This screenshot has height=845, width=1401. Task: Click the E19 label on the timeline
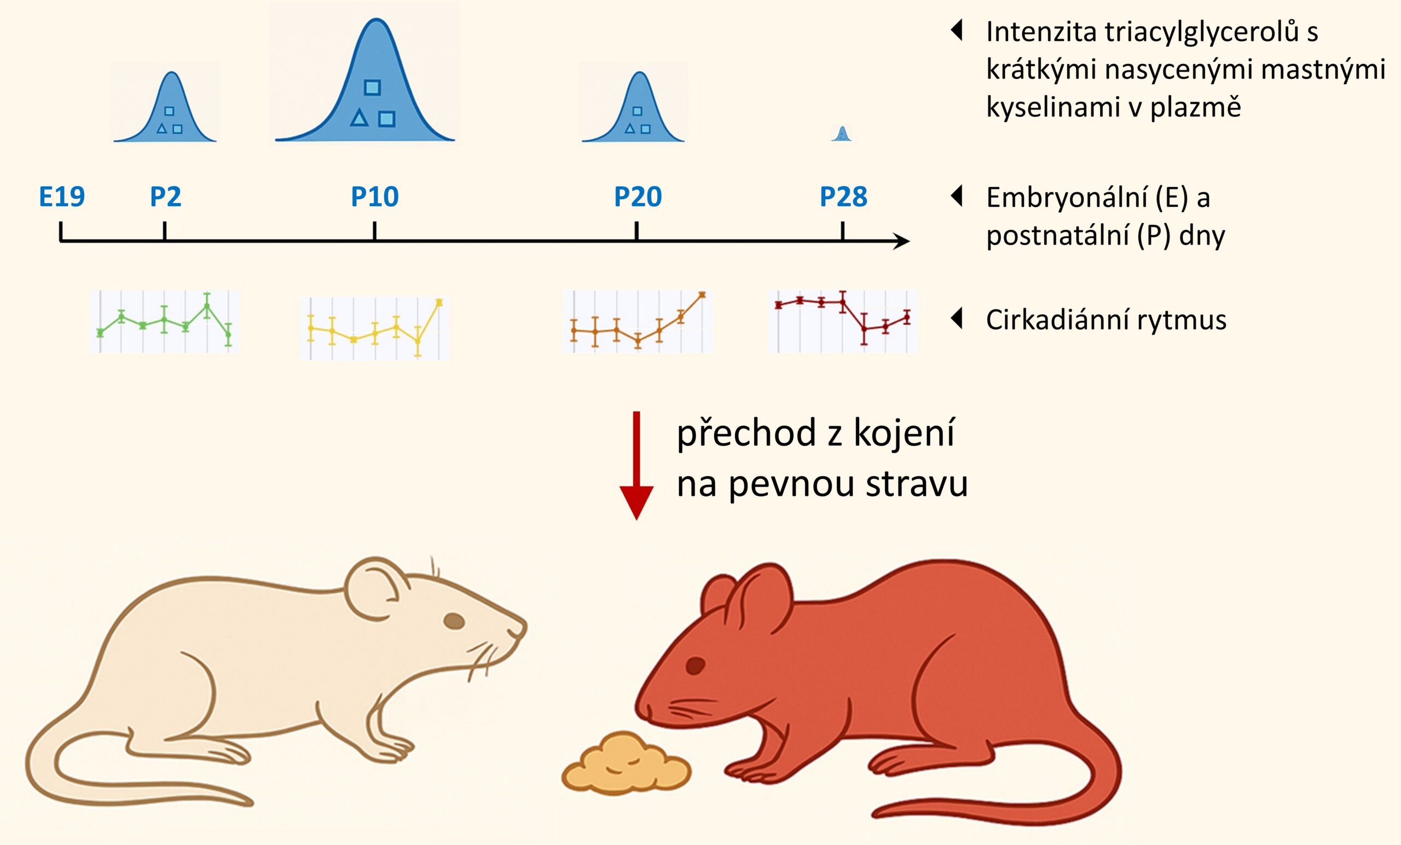[x=61, y=197]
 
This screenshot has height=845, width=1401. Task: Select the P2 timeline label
[x=165, y=197]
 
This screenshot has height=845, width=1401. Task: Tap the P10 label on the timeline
[x=375, y=197]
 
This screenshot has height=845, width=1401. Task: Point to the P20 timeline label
[x=638, y=197]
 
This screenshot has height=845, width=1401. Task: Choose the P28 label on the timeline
[x=843, y=197]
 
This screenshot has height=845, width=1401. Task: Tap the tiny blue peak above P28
[x=842, y=135]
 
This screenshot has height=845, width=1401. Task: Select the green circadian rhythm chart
[x=164, y=321]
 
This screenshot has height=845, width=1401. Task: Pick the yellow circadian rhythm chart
[x=375, y=328]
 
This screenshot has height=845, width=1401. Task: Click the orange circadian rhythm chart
[x=638, y=321]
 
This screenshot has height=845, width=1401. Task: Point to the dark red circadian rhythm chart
[x=843, y=321]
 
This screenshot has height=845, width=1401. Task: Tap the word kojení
[x=904, y=433]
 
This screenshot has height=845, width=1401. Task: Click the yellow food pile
[x=626, y=764]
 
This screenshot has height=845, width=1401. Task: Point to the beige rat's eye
[x=454, y=621]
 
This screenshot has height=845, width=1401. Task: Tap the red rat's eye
[x=695, y=665]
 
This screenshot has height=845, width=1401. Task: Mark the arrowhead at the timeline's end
[x=902, y=241]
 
